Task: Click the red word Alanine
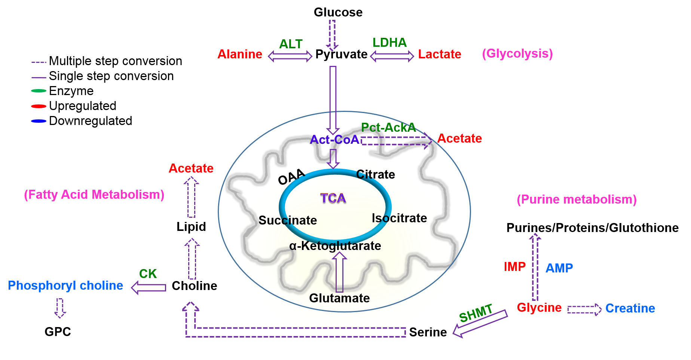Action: tap(240, 54)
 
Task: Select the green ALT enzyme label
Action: tap(291, 44)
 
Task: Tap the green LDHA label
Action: tap(389, 43)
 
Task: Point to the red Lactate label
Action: tap(440, 54)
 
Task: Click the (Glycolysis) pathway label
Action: tap(517, 54)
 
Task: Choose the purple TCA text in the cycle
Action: tap(333, 198)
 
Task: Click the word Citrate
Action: tap(376, 174)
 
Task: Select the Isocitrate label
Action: tap(399, 218)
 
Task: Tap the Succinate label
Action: tap(288, 220)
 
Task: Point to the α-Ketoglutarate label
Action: tap(335, 246)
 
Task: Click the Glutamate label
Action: tap(339, 298)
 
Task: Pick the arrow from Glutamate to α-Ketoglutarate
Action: tap(339, 272)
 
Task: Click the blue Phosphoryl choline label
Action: tap(65, 286)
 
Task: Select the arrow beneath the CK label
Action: tap(149, 287)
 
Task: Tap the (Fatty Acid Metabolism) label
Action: tap(94, 195)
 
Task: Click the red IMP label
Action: tap(515, 267)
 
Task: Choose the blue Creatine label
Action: tap(630, 308)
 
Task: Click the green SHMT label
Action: tap(476, 313)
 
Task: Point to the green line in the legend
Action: tap(39, 91)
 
